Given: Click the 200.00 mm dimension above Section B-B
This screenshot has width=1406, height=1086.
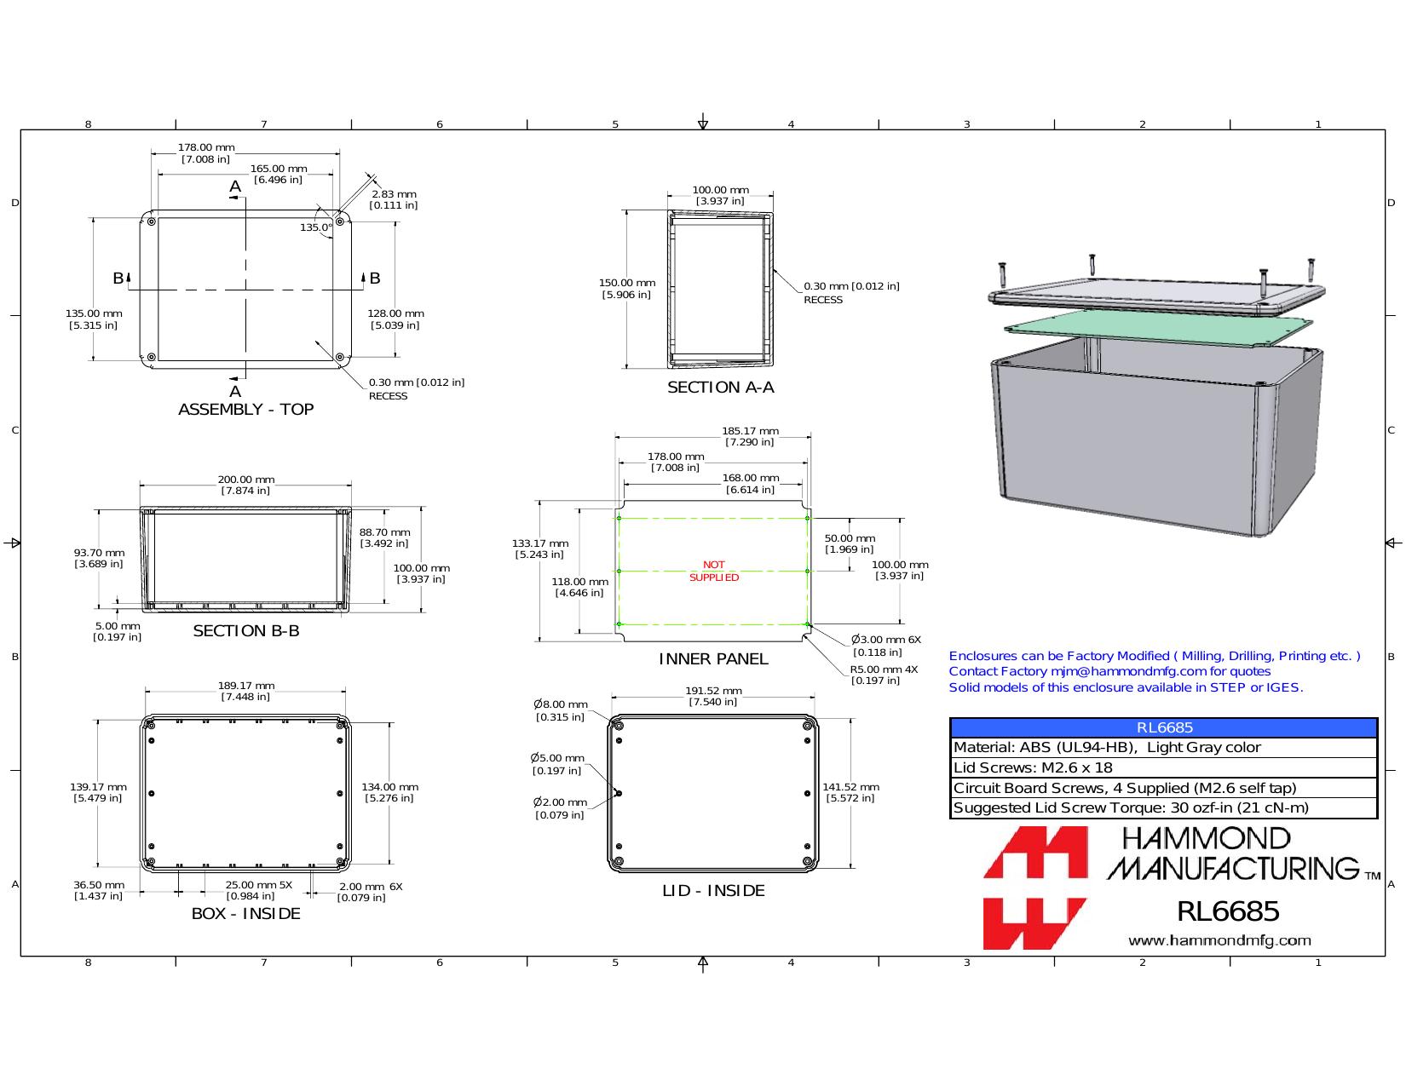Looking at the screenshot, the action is click(x=246, y=486).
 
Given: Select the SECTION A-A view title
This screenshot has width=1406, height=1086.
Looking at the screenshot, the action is click(x=720, y=388).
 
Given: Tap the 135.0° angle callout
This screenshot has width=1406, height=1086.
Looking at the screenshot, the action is click(x=316, y=227).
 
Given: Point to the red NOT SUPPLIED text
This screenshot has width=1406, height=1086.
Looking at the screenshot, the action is click(x=714, y=572).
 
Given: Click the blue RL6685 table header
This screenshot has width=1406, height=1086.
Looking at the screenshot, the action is click(x=1163, y=727).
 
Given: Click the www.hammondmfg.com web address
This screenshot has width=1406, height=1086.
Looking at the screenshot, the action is click(x=1219, y=940).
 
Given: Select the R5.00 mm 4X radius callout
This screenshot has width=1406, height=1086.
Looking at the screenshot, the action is click(x=883, y=675).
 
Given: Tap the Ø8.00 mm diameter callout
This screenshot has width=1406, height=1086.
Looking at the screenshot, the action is click(x=561, y=710).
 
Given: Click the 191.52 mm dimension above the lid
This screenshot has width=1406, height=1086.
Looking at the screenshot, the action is click(x=713, y=697).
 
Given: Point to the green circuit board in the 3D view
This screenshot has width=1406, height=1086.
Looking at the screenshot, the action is click(x=1158, y=328).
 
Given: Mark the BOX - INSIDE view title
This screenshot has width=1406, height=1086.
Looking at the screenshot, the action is click(x=246, y=914).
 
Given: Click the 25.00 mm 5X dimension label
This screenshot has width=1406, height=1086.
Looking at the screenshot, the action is click(x=258, y=891).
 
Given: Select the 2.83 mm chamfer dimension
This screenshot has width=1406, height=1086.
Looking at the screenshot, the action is click(x=394, y=200).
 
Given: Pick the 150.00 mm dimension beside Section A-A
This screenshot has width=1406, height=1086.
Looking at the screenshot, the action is click(x=626, y=289).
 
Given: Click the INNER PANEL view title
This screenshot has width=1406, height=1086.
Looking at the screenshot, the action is click(x=713, y=659).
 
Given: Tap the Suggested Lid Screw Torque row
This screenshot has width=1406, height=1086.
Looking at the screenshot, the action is click(x=1131, y=807).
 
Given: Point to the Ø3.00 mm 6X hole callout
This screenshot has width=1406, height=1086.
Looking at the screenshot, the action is click(x=886, y=646).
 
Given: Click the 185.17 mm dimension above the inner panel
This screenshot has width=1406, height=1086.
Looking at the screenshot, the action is click(x=750, y=437).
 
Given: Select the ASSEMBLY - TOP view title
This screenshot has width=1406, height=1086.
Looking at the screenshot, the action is click(x=246, y=410).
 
